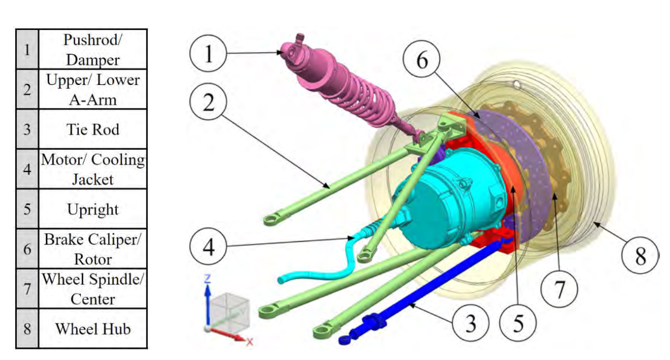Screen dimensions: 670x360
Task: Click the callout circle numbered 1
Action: pos(208,53)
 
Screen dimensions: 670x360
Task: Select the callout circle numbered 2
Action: pos(208,102)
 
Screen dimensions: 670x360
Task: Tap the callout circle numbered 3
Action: pos(470,323)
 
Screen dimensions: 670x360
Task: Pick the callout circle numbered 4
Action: pos(208,247)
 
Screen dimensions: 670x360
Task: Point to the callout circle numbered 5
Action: pos(518,323)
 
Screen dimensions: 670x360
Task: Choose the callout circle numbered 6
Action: pos(421,60)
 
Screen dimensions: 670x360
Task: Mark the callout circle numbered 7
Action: pos(559,289)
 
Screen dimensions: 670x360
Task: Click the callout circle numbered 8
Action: pos(640,255)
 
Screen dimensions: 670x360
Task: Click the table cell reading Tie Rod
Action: pos(93,129)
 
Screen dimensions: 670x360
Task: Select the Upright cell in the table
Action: pos(93,209)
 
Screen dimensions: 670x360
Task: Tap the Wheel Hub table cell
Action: pos(93,329)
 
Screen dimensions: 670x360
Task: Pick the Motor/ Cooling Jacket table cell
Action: pos(93,169)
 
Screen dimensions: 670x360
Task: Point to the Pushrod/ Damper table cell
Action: pos(93,50)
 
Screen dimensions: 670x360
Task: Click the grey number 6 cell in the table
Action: pos(27,249)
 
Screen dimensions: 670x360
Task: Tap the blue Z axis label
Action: pos(207,279)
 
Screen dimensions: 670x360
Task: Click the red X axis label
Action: pos(249,342)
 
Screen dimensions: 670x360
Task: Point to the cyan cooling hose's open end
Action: pos(280,280)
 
